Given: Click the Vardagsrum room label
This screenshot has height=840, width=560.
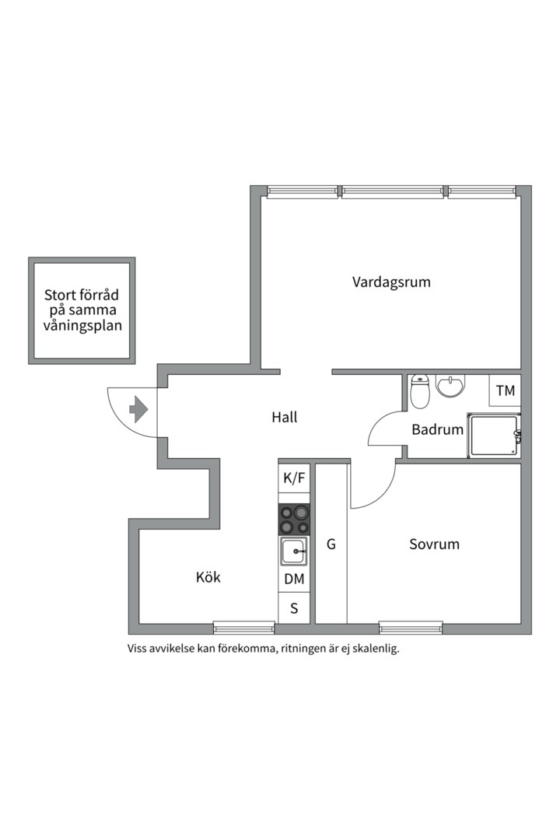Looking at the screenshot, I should (391, 282).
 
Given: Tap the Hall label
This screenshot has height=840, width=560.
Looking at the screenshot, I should (285, 417).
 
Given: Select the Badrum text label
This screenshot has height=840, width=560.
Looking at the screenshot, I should (437, 429).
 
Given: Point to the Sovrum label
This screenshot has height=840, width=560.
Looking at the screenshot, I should (434, 544).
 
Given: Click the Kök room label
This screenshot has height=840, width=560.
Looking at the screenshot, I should (208, 577).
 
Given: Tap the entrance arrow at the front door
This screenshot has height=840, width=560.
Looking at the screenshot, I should (138, 408).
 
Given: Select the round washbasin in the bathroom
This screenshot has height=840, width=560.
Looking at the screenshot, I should (450, 385).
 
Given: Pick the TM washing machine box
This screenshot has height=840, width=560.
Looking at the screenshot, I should (506, 390).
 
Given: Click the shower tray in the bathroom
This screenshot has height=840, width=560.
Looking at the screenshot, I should (492, 436).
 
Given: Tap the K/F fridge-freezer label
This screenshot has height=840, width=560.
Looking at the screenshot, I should (294, 478).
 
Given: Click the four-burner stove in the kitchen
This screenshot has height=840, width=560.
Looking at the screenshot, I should (294, 519).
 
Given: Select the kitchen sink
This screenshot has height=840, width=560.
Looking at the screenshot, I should (294, 551).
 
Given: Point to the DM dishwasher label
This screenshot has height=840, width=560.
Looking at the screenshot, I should (294, 579).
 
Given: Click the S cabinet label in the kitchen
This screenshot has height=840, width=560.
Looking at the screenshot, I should (294, 608).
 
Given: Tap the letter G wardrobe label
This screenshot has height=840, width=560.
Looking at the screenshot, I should (331, 544).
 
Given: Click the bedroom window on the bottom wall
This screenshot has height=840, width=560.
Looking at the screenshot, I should (411, 625).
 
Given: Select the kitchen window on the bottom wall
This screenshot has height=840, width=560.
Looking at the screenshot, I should (243, 625).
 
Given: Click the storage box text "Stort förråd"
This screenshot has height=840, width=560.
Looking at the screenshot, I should (82, 296).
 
